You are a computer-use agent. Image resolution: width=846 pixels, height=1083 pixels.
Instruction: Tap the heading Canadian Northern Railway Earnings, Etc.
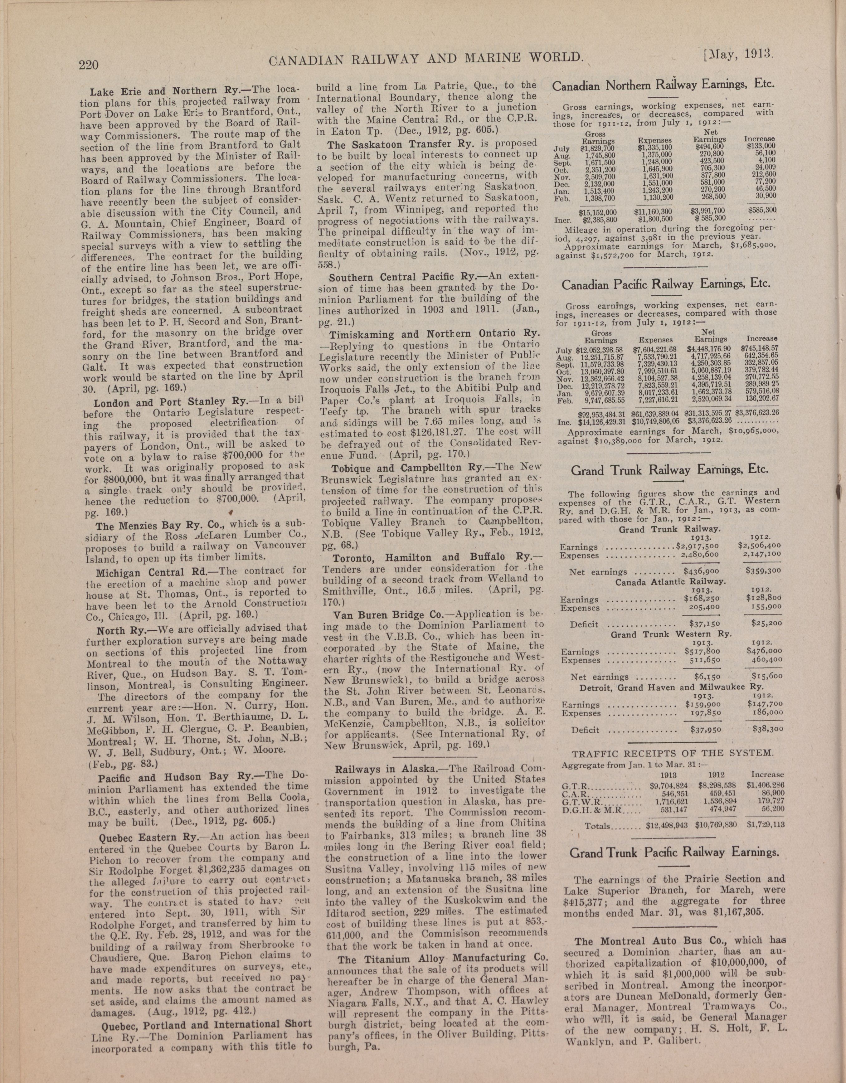coord(663,85)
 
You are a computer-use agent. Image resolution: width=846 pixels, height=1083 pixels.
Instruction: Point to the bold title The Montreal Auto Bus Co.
coord(646,941)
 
